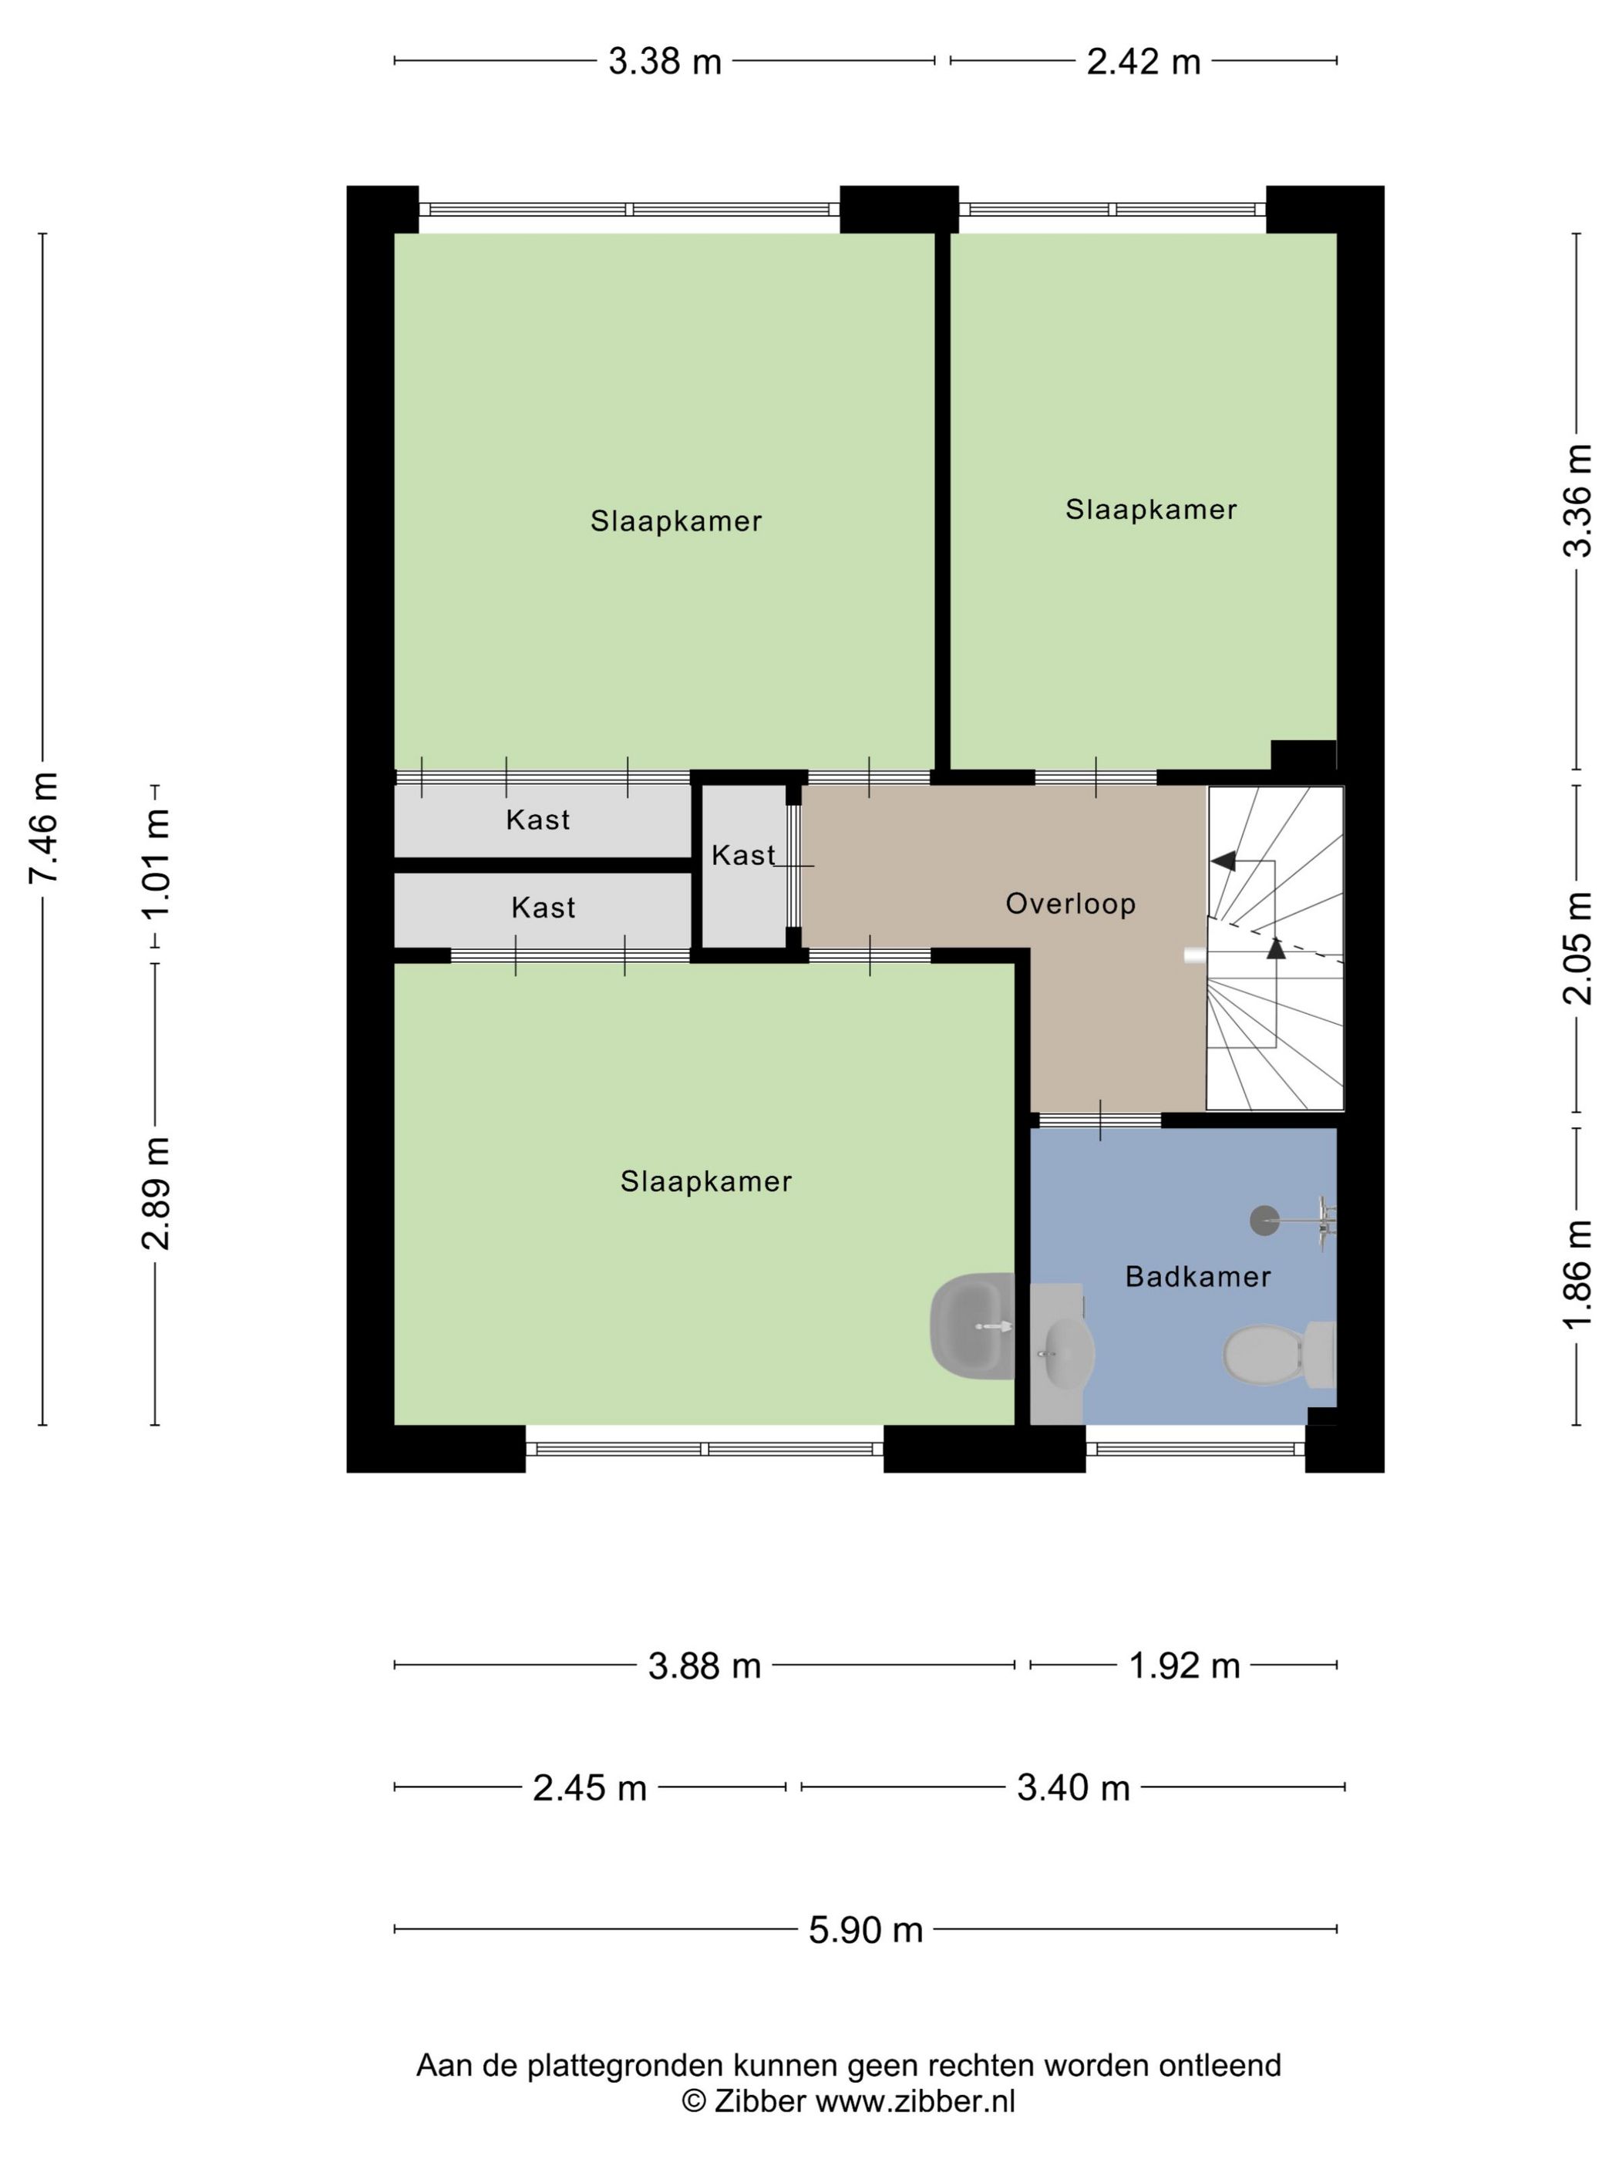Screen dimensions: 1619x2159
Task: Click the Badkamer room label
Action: point(1197,1277)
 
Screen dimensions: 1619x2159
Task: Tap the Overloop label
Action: point(1071,904)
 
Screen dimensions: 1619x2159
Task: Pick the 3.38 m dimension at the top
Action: point(665,62)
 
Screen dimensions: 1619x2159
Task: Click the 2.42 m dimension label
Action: point(1144,62)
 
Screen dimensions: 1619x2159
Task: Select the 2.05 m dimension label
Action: point(1577,948)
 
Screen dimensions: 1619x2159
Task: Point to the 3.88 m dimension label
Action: point(705,1666)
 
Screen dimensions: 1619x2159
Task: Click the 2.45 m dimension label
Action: point(590,1788)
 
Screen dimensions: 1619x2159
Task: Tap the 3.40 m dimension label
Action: point(1073,1788)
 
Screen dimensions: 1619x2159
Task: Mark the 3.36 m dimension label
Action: point(1577,500)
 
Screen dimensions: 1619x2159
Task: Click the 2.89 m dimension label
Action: point(157,1193)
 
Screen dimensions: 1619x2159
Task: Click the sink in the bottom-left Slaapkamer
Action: point(973,1325)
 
